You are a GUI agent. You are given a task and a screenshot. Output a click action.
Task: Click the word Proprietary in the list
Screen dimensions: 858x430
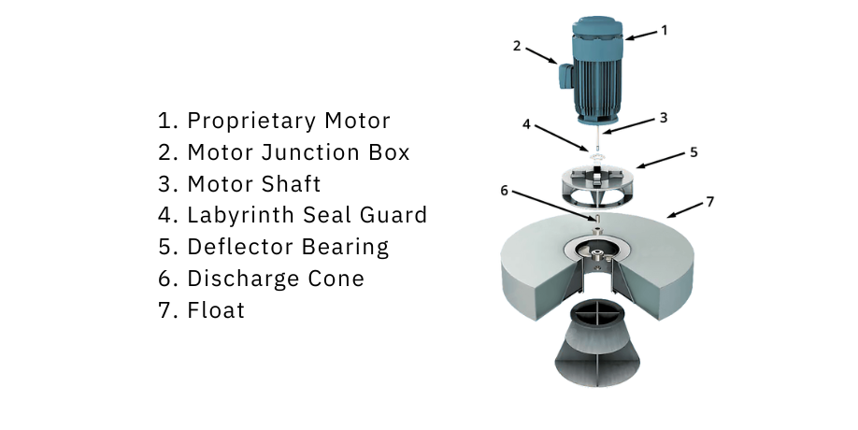[250, 121]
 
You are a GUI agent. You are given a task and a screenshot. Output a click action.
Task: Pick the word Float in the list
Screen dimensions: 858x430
[216, 310]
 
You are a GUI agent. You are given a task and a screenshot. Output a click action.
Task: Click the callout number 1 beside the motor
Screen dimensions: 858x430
[665, 31]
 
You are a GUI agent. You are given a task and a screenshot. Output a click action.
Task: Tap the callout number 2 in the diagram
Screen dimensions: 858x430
[517, 47]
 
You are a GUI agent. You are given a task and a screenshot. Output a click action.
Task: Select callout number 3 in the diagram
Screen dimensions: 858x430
[664, 118]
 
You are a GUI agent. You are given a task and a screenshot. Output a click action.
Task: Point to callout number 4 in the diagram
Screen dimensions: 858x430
[526, 124]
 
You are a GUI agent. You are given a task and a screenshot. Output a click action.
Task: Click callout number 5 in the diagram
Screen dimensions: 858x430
[694, 152]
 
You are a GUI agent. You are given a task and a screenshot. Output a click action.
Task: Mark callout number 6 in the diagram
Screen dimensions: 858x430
[504, 191]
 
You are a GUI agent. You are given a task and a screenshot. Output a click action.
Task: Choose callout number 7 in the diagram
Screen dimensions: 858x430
[709, 203]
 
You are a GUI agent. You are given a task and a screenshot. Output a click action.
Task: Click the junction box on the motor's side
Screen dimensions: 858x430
[565, 75]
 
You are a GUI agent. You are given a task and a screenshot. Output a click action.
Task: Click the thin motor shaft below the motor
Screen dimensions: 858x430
[597, 140]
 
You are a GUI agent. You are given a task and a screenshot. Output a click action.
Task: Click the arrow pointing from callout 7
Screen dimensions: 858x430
[684, 210]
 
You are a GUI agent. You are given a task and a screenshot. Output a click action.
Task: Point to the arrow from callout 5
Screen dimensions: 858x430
[661, 161]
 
